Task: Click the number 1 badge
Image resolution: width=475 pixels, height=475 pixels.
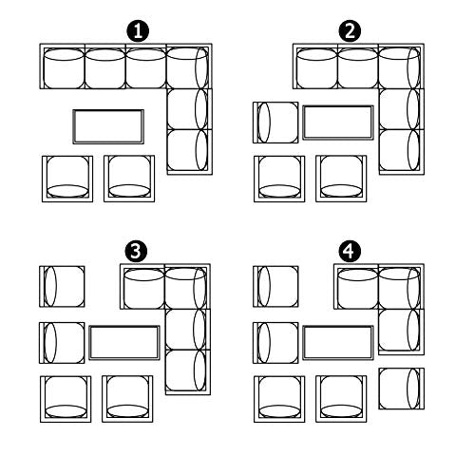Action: (138, 31)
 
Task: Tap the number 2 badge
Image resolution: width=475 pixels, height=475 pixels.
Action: (350, 31)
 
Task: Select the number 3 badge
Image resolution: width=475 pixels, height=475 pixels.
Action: (136, 252)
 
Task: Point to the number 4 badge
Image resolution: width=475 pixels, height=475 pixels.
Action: (350, 252)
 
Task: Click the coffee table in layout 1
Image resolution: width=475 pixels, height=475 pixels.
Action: (108, 126)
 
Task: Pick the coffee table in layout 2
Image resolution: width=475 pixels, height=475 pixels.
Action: (338, 123)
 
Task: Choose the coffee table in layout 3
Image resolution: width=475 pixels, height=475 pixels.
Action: (124, 343)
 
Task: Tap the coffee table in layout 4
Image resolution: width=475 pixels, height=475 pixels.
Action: (338, 343)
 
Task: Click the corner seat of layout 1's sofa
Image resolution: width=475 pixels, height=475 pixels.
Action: (189, 66)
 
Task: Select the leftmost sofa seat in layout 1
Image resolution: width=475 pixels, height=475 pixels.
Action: (63, 66)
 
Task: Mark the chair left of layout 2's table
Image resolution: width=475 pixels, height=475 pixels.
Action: (275, 123)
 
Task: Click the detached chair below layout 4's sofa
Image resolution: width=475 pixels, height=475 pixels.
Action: (401, 389)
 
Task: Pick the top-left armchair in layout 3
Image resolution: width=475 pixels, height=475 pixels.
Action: (62, 287)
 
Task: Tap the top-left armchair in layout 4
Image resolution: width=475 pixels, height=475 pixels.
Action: (275, 287)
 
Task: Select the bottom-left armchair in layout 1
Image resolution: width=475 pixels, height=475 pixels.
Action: (67, 179)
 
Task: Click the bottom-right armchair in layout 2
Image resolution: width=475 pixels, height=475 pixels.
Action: (341, 179)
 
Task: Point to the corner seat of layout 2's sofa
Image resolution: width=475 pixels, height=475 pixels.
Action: (401, 66)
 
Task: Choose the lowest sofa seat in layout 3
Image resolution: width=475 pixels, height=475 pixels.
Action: (188, 372)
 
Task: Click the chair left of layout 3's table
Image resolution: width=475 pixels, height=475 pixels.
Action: (62, 343)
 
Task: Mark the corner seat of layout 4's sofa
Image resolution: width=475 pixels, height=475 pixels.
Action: (401, 286)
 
